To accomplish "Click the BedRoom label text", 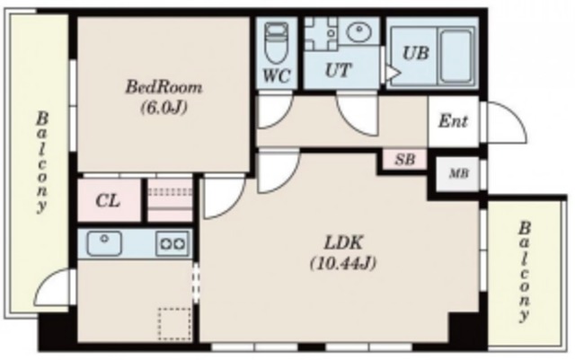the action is (164, 88).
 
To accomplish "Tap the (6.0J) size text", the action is (164, 108).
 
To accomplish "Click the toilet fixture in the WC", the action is (277, 42).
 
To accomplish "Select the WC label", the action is (277, 76).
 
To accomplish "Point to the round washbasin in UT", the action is (358, 32).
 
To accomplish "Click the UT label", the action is (339, 70).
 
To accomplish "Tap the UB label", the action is (415, 53).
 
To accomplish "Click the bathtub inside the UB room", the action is (456, 56).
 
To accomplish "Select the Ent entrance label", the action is (453, 121).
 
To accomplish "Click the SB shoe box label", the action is (405, 160).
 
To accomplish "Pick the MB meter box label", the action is (459, 173).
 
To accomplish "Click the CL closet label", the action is (108, 200).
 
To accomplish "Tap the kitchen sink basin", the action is (104, 243).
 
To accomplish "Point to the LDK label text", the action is (343, 242).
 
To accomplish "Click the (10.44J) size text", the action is (343, 263).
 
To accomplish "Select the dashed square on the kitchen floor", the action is (174, 324).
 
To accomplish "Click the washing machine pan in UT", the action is (322, 33).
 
